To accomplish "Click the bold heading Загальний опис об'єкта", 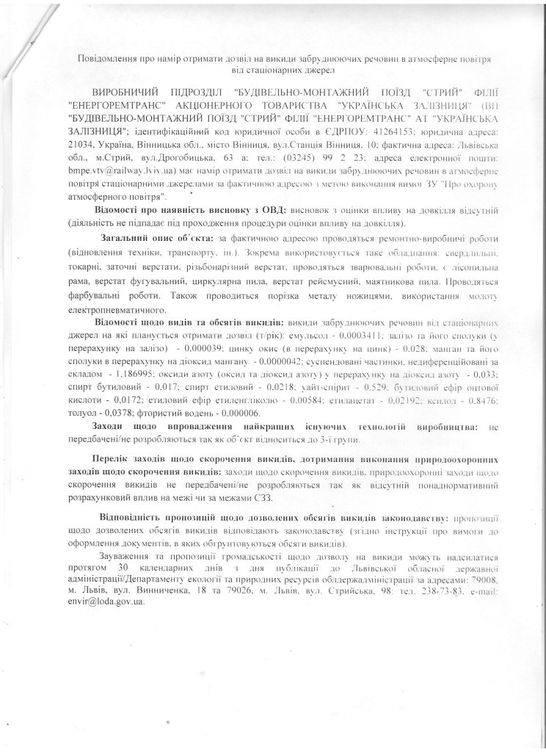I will (159, 240).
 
